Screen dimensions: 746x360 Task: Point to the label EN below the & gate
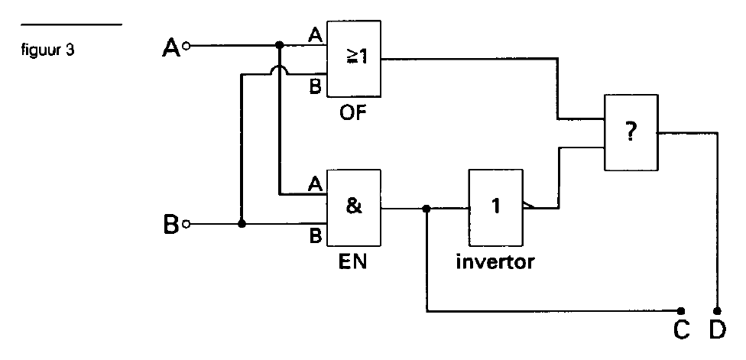click(352, 262)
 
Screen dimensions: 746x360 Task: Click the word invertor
click(495, 261)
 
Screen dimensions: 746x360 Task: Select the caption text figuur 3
click(47, 50)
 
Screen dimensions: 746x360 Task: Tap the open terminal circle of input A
click(187, 46)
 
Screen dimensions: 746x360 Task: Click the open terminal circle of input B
click(187, 224)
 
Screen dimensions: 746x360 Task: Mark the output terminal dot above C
click(681, 311)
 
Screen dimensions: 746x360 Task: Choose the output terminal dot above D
click(718, 311)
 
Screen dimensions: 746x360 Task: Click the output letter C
click(681, 330)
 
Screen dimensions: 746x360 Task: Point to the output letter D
click(718, 330)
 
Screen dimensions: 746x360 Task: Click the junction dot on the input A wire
click(280, 45)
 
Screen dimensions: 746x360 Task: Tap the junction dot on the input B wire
click(242, 223)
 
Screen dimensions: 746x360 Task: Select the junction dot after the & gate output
click(427, 209)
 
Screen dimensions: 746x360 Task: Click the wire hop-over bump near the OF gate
click(280, 70)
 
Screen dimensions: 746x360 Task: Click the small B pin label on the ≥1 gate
click(316, 87)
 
